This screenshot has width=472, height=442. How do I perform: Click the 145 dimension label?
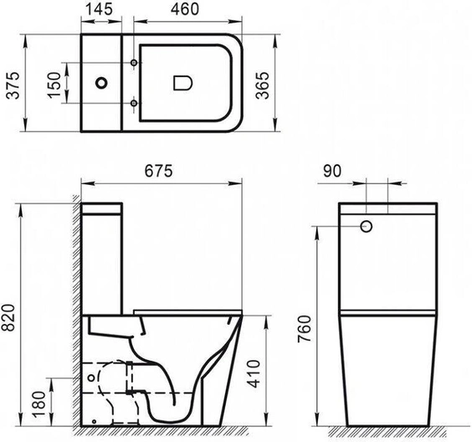[99, 8]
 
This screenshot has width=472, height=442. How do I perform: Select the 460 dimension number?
[184, 8]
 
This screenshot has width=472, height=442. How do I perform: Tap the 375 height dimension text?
[13, 85]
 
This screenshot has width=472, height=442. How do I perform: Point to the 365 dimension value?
[263, 85]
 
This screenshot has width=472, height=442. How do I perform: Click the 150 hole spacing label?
[54, 85]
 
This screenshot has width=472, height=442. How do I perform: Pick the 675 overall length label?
[159, 171]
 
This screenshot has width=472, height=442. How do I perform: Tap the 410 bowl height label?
[254, 373]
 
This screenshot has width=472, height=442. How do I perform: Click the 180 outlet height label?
[39, 404]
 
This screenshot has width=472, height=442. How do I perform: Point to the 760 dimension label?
[305, 329]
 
